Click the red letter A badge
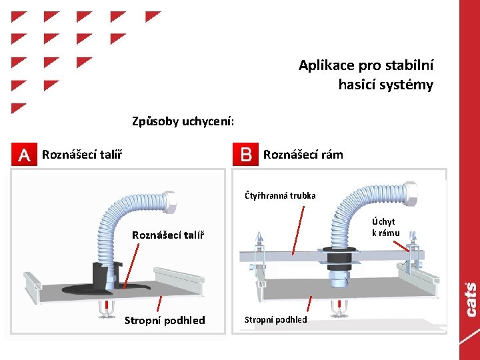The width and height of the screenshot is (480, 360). click(25, 155)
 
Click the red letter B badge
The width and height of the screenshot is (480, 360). click(245, 155)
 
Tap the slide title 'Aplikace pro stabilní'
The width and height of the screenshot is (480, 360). click(366, 65)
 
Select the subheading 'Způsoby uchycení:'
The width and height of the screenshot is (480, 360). click(183, 121)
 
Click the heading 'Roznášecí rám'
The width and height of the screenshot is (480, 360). click(303, 155)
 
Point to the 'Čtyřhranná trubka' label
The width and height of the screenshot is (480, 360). click(280, 196)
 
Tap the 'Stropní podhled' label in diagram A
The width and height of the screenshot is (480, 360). click(165, 321)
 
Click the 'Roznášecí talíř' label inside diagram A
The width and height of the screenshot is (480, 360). click(168, 235)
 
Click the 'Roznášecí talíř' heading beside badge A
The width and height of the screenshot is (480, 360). click(81, 155)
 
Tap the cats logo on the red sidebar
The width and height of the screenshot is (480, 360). click(471, 299)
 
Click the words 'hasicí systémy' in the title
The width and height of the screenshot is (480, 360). click(385, 85)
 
